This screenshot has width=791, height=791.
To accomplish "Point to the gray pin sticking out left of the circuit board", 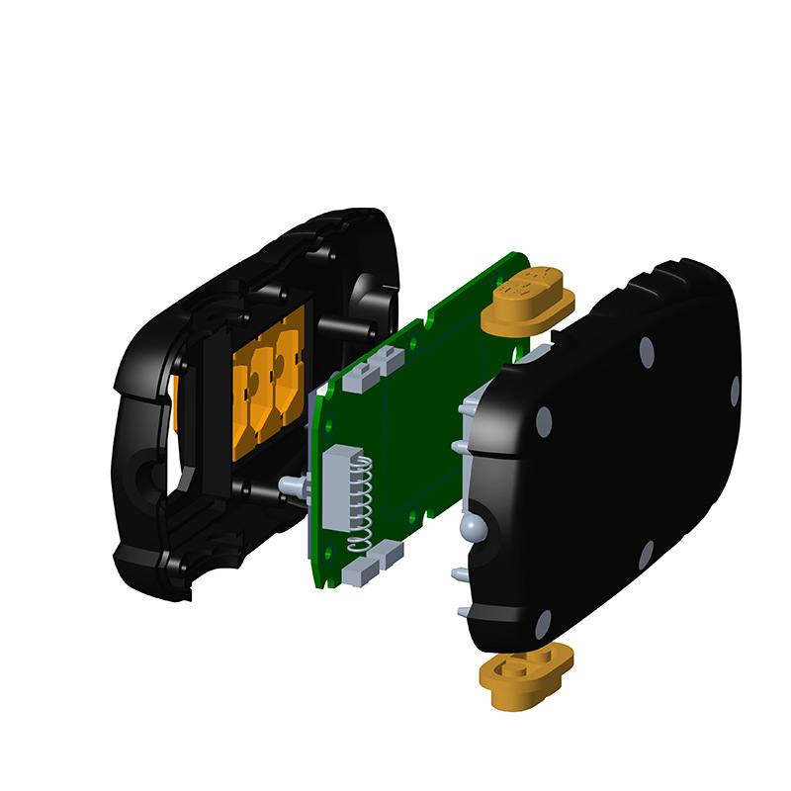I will (x=293, y=486).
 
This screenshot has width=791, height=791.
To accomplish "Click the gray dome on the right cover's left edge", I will (x=476, y=525).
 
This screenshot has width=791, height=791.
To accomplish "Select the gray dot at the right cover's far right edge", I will (x=735, y=392).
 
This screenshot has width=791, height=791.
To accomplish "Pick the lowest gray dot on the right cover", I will (x=542, y=624).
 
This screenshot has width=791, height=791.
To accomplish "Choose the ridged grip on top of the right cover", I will (x=662, y=277).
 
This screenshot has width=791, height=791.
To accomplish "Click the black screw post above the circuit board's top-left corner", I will (x=373, y=325).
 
